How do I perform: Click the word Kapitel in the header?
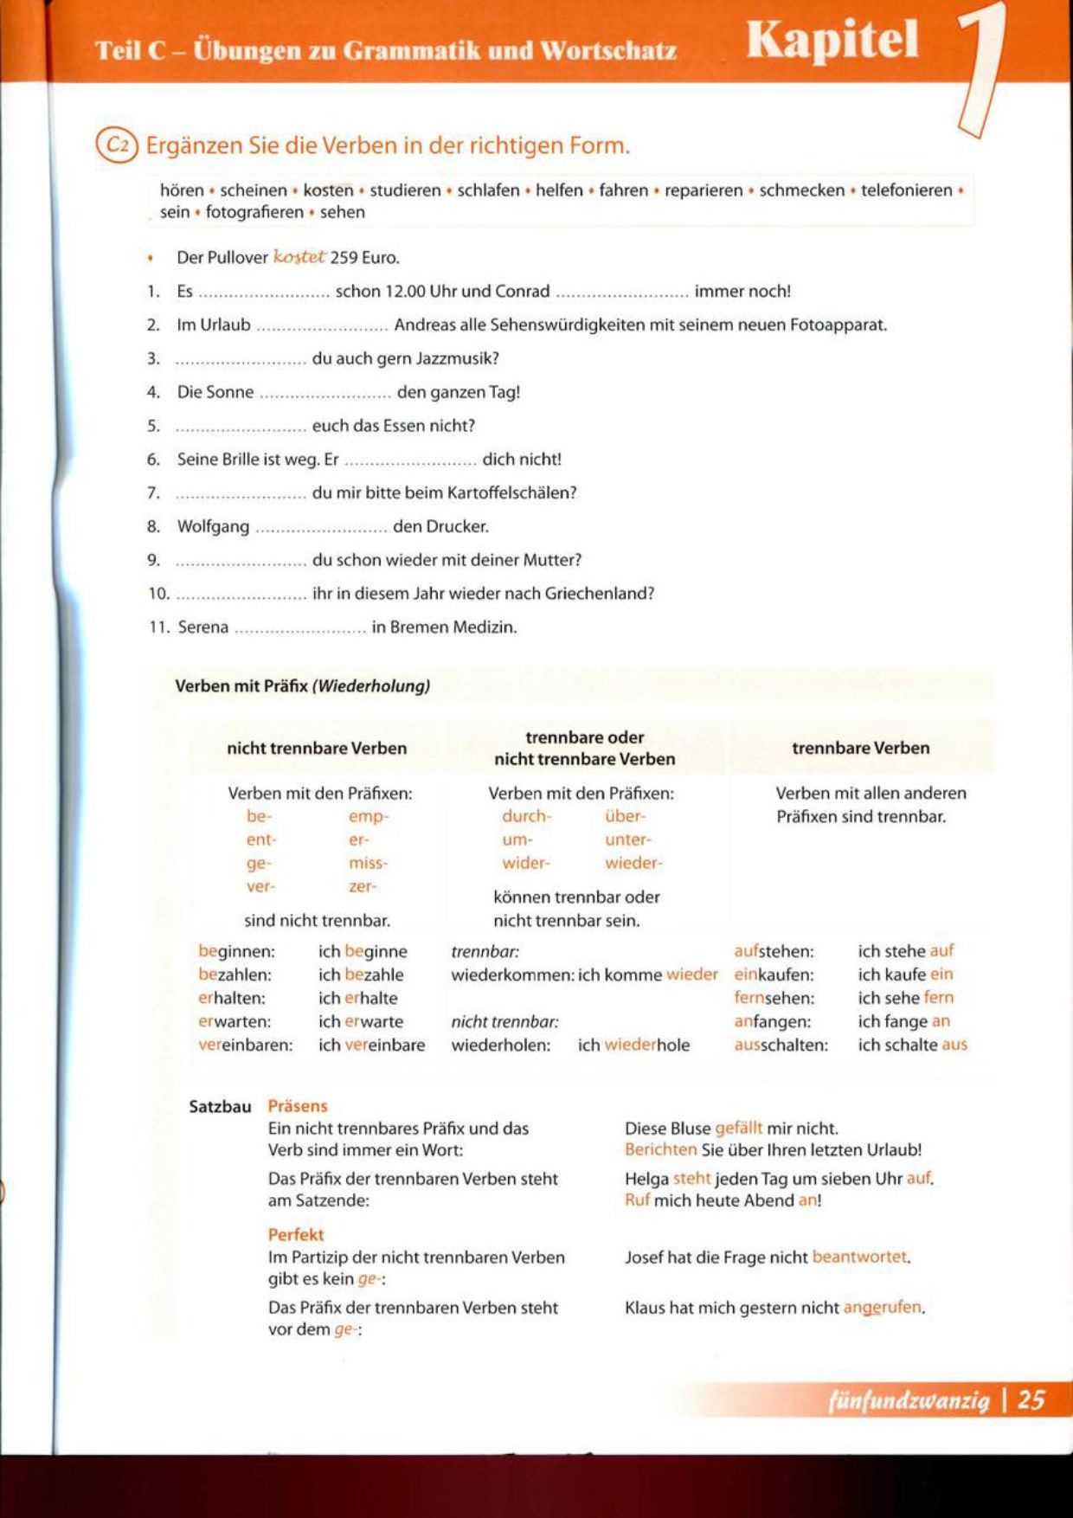pyautogui.click(x=832, y=41)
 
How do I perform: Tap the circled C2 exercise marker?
pyautogui.click(x=117, y=145)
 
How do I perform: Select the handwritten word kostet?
pyautogui.click(x=299, y=257)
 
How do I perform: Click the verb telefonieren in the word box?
pyautogui.click(x=906, y=190)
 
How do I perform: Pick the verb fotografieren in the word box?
pyautogui.click(x=254, y=212)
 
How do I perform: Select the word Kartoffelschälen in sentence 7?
pyautogui.click(x=511, y=493)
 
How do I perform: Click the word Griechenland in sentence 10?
pyautogui.click(x=599, y=594)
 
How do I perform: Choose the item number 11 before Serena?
pyautogui.click(x=159, y=627)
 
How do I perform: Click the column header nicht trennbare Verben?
pyautogui.click(x=317, y=749)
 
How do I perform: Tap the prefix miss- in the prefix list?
pyautogui.click(x=368, y=863)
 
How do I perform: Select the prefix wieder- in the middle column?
pyautogui.click(x=633, y=863)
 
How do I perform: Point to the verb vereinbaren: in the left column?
pyautogui.click(x=246, y=1045)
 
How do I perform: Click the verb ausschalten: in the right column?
pyautogui.click(x=781, y=1045)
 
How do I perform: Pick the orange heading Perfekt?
pyautogui.click(x=296, y=1235)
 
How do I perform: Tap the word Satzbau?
pyautogui.click(x=220, y=1107)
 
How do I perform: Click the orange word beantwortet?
pyautogui.click(x=860, y=1257)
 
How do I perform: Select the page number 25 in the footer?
pyautogui.click(x=1031, y=1399)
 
